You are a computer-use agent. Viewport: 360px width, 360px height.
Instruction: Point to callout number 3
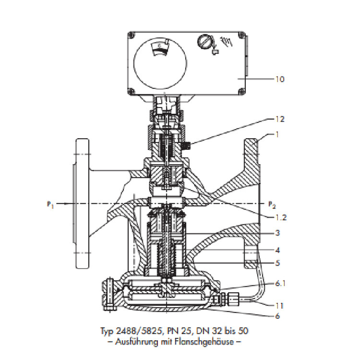tap(277, 233)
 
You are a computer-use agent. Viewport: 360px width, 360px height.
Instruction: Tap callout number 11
tap(280, 305)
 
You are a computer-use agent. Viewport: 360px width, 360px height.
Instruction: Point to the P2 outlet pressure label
tap(271, 204)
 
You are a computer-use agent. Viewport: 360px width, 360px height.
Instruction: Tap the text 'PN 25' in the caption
tap(179, 331)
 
